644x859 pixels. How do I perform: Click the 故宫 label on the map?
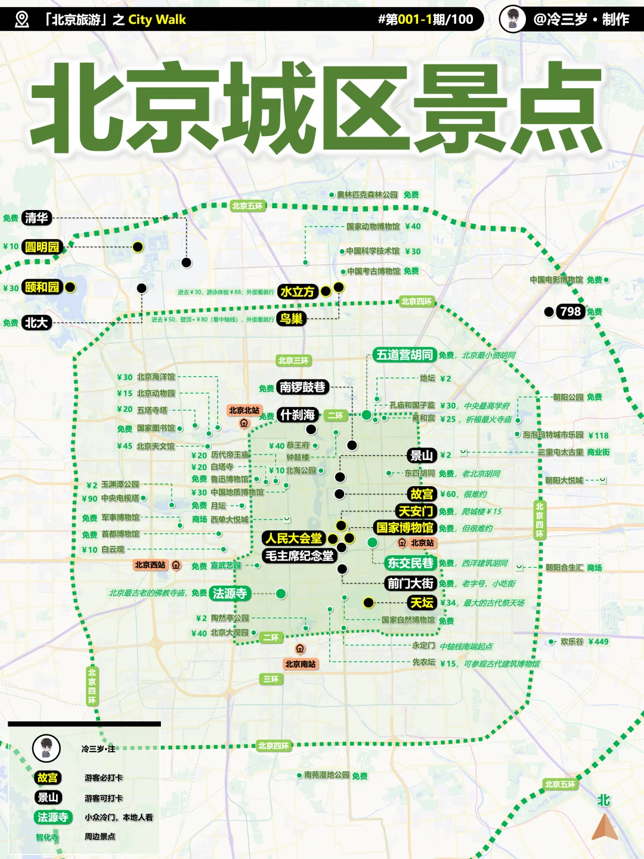coord(422,494)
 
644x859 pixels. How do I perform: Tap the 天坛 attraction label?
coord(422,602)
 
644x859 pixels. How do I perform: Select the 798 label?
coord(570,311)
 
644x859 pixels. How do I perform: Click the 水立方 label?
coord(297,292)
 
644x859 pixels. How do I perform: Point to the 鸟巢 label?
coord(291,319)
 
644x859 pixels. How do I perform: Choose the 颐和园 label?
coord(42,287)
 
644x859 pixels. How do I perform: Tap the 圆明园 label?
coord(42,247)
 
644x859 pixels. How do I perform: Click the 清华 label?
coord(36,218)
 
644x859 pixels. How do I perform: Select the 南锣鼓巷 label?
coord(302,387)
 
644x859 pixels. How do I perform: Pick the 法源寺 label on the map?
coord(230,594)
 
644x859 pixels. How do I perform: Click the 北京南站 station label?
coord(300,664)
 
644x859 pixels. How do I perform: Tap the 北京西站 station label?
coord(150,565)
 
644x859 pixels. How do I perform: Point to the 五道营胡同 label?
coord(404,355)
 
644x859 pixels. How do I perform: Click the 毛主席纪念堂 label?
coord(299,556)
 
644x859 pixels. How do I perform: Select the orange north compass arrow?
coord(605,828)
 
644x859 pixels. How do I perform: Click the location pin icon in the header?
coord(22,20)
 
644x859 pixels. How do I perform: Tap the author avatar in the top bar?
coord(512,19)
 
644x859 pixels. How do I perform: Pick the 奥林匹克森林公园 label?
coord(367,195)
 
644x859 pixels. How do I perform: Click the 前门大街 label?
coord(411,583)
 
